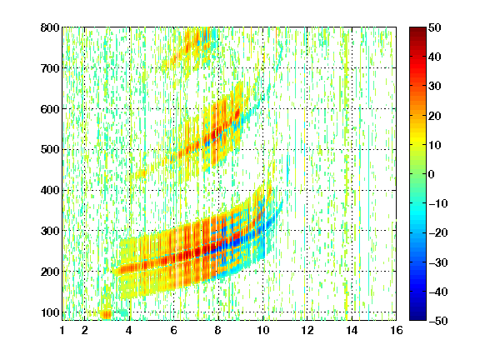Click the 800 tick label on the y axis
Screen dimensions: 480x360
click(50, 27)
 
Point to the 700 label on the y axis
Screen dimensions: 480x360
click(50, 68)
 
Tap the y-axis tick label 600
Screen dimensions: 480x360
click(50, 109)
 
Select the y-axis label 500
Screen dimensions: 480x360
click(50, 150)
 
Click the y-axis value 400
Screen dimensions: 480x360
click(50, 190)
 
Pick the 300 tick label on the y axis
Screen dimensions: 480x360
click(50, 231)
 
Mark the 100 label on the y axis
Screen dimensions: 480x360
click(50, 312)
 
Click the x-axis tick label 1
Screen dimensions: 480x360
click(62, 330)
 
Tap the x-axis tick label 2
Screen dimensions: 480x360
click(84, 330)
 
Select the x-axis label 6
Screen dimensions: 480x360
click(173, 330)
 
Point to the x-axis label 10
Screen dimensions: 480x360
click(262, 330)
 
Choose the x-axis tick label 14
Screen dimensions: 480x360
click(352, 330)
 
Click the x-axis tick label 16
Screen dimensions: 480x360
click(397, 330)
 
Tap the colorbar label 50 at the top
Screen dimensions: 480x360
click(435, 27)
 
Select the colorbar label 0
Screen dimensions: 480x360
click(432, 174)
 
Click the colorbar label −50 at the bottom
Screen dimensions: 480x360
click(438, 321)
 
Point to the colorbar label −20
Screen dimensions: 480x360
click(438, 233)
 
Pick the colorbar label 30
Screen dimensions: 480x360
click(435, 87)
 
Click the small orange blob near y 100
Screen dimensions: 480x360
click(106, 314)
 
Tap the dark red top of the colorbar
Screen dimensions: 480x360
click(417, 31)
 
